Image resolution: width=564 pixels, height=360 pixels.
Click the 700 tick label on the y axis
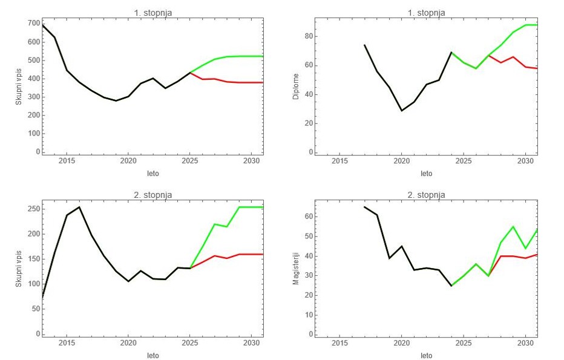click(33, 24)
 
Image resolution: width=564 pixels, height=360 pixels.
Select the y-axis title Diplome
click(296, 87)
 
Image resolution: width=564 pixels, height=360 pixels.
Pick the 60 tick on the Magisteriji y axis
click(308, 217)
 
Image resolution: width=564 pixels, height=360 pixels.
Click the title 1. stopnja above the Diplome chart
click(426, 13)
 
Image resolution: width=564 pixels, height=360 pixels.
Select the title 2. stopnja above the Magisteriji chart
click(426, 195)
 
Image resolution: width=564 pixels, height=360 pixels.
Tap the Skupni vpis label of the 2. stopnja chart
click(19, 269)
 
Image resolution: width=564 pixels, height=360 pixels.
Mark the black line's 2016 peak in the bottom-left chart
click(79, 207)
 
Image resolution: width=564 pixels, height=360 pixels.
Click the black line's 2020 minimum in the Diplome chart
click(402, 110)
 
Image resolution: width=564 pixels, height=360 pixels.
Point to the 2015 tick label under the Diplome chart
click(339, 161)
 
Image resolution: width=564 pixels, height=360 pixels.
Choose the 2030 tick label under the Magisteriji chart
click(525, 343)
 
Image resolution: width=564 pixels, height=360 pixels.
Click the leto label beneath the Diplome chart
click(426, 174)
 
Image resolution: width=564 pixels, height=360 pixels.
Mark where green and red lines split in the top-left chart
click(190, 73)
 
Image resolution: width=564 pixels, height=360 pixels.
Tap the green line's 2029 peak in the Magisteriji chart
click(513, 226)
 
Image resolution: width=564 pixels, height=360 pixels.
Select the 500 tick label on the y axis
click(33, 60)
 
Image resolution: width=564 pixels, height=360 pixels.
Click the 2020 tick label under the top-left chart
click(128, 161)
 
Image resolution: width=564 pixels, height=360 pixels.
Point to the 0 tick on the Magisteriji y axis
click(310, 334)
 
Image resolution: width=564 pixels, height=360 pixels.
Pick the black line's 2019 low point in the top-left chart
click(116, 100)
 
